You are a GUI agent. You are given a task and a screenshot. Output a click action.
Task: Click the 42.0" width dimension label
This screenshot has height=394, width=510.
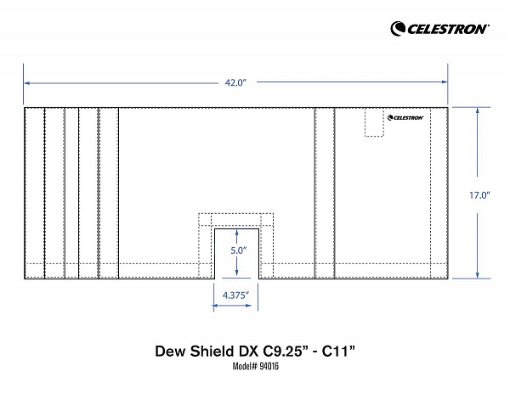[235, 83]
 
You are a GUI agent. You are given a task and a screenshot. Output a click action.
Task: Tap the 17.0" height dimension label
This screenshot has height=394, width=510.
[479, 195]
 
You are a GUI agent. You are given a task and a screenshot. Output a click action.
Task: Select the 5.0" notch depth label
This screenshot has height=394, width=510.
[239, 250]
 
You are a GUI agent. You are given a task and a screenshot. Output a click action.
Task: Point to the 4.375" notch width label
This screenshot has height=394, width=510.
[235, 295]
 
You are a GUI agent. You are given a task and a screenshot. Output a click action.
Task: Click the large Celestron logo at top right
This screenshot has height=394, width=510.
[439, 29]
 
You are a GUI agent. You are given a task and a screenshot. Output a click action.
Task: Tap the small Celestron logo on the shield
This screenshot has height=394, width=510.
[405, 117]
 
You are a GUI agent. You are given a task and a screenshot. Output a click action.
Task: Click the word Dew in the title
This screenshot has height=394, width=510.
[171, 352]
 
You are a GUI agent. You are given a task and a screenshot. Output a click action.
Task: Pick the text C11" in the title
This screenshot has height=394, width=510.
[338, 352]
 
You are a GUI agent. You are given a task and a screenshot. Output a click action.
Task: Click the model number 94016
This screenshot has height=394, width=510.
[269, 366]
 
